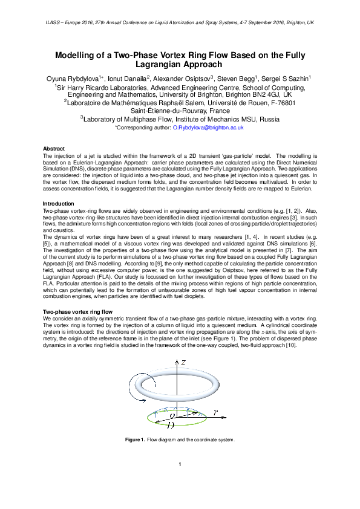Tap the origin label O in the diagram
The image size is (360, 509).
pyautogui.click(x=173, y=416)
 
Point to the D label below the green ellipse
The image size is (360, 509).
pyautogui.click(x=171, y=426)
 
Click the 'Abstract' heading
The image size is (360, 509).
pyautogui.click(x=54, y=149)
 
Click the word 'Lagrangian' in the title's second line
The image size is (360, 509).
pyautogui.click(x=180, y=65)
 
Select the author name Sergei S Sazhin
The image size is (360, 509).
pyautogui.click(x=285, y=79)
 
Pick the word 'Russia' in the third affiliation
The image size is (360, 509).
pyautogui.click(x=268, y=120)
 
